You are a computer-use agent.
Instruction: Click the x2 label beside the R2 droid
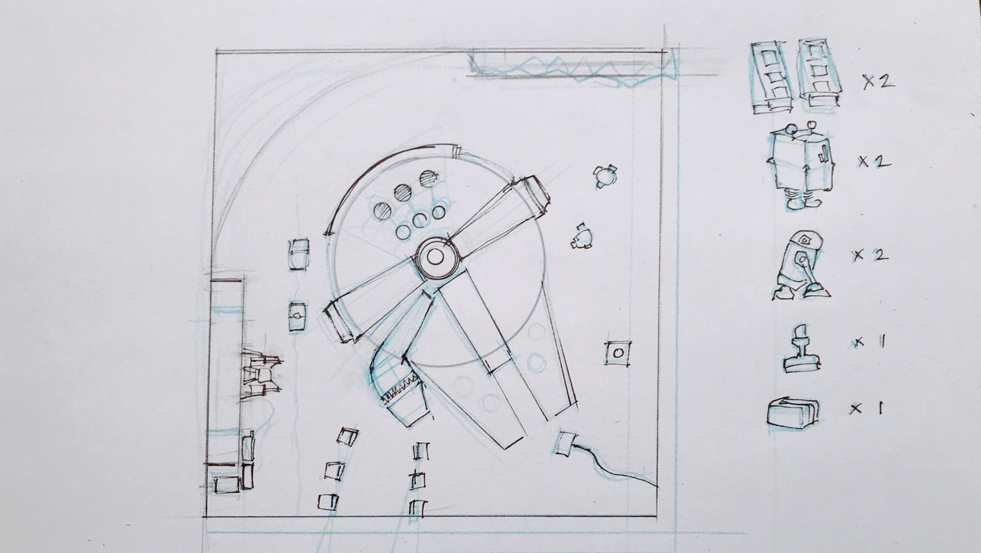(x=870, y=256)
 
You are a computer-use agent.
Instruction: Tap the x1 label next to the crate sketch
(x=867, y=409)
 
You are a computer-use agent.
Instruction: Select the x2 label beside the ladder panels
(x=878, y=82)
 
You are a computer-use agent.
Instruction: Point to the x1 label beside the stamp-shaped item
(x=869, y=342)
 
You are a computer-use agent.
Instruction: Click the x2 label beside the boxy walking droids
(x=874, y=162)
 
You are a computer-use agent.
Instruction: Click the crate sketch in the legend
(x=793, y=413)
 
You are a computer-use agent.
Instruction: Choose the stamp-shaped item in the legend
(x=802, y=348)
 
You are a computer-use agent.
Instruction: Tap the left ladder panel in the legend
(x=772, y=77)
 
